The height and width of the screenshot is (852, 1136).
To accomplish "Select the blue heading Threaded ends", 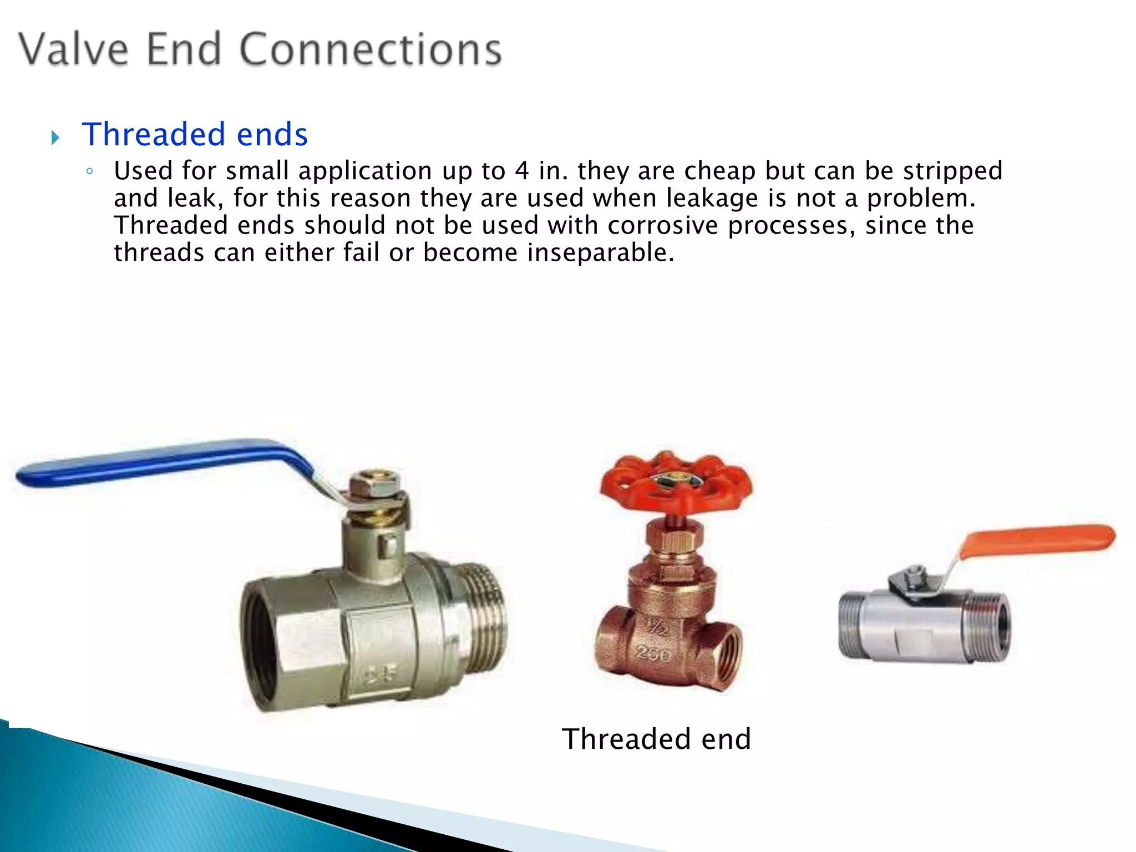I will click(195, 134).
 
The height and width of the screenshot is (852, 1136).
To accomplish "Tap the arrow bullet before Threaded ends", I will click(55, 137).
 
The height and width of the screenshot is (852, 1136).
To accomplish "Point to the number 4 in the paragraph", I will click(521, 170).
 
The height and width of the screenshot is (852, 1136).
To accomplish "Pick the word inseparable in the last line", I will click(601, 252).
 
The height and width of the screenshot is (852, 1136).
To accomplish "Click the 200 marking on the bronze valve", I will click(653, 655).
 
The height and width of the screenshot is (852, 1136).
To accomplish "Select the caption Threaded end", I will click(656, 739).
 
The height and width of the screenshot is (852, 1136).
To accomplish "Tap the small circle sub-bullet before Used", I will click(89, 171).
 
